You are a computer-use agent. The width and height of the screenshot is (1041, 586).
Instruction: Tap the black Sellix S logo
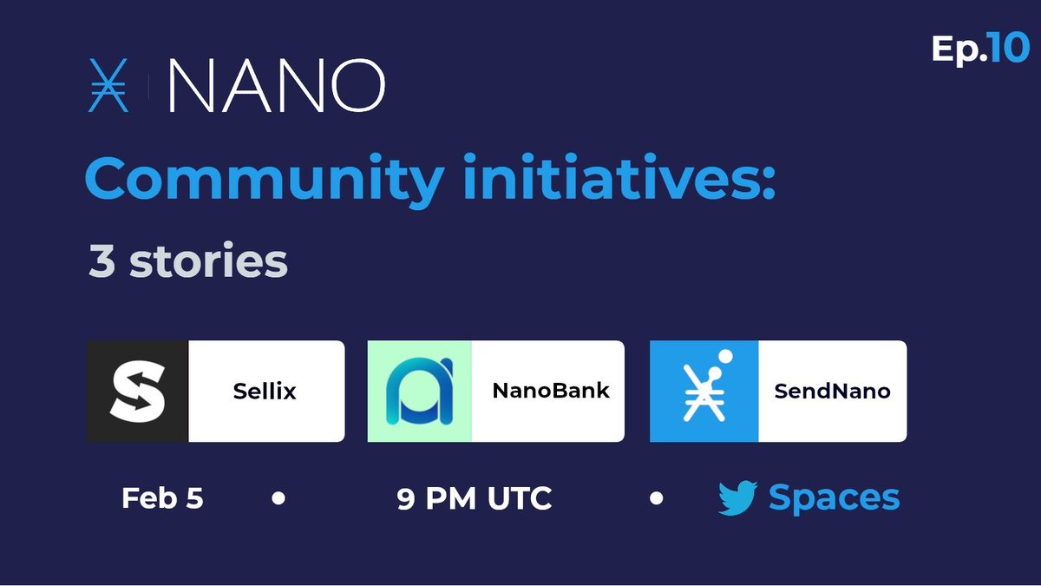[138, 392]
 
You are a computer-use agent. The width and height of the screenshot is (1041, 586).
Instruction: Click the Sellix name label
[265, 392]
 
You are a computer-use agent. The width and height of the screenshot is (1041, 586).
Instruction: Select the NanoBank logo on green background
[419, 392]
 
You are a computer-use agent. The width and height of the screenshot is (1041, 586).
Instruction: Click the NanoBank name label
[551, 391]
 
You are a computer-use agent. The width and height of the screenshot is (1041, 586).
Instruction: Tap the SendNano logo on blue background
[704, 392]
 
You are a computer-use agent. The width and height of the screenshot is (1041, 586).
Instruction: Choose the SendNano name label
[832, 392]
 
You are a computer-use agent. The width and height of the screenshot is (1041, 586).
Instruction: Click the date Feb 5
[162, 499]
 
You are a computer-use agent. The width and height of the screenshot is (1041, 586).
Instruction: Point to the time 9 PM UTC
[475, 499]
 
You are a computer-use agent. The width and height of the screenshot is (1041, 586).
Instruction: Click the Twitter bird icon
[738, 499]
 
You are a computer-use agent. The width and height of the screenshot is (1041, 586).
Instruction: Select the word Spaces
[834, 499]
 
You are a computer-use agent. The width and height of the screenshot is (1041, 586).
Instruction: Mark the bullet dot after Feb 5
[278, 499]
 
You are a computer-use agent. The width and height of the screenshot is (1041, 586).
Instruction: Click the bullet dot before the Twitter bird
[657, 499]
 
